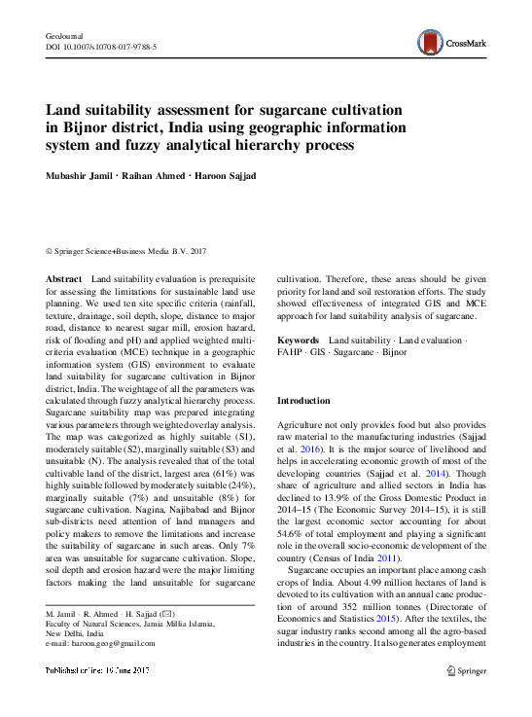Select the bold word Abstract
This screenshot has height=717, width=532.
64,279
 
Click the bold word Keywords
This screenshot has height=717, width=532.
299,341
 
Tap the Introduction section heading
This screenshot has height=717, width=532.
304,401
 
